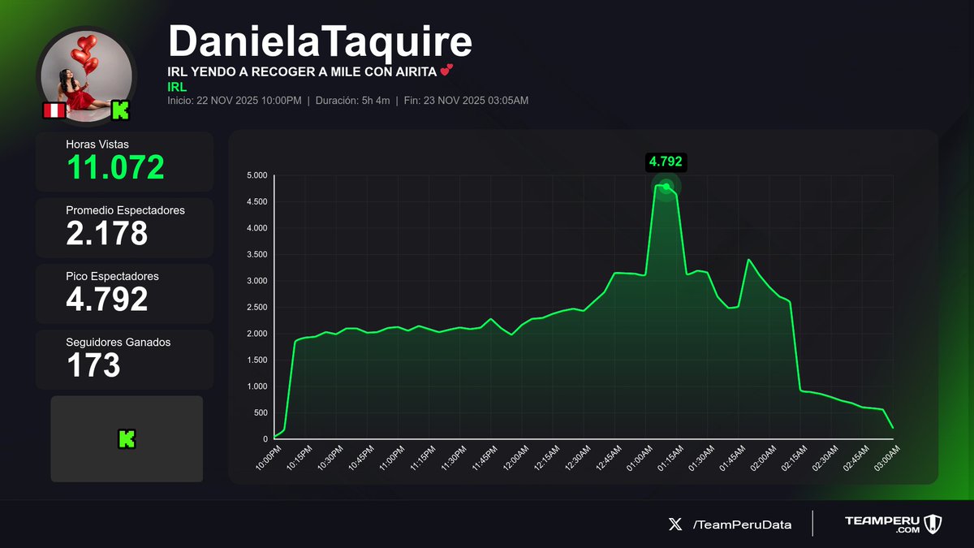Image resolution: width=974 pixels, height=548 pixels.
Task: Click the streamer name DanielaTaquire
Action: (x=320, y=41)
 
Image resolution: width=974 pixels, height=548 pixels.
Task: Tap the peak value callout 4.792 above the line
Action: (x=666, y=162)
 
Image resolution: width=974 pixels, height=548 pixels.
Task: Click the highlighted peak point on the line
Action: (x=666, y=187)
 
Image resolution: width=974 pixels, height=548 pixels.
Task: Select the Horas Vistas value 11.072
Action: (x=115, y=167)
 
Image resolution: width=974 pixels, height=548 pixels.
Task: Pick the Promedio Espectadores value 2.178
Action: (x=106, y=233)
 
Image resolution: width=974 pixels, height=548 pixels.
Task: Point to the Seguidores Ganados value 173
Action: (x=93, y=365)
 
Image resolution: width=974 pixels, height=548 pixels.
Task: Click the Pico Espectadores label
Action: (x=112, y=276)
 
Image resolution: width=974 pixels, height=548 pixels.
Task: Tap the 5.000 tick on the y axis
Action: (x=256, y=175)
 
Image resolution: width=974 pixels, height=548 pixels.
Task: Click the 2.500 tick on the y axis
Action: (x=256, y=307)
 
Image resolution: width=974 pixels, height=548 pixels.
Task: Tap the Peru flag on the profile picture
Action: (x=54, y=110)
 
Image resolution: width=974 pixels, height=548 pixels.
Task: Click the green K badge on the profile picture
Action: (x=120, y=110)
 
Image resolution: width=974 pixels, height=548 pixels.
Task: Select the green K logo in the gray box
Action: (x=127, y=439)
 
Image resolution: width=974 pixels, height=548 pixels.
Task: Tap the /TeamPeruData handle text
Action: (x=742, y=524)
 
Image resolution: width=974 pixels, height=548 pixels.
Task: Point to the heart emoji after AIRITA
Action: (x=446, y=71)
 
